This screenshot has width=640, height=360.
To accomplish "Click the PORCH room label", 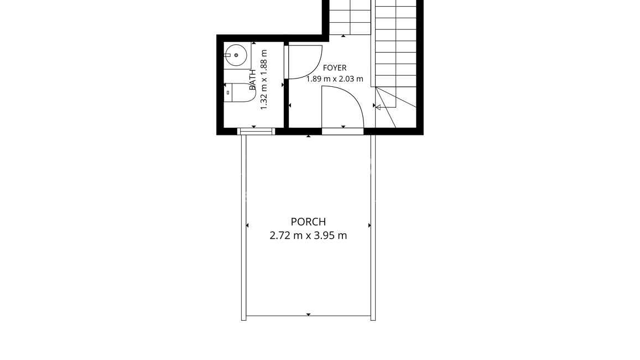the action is pos(308,222).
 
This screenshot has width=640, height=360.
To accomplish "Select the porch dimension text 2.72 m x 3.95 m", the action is pos(308,236).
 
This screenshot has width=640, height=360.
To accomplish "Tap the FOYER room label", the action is pos(335,68).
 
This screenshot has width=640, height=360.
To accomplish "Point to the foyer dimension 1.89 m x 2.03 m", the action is pos(335,79).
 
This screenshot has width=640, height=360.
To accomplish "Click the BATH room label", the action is pos(252,80).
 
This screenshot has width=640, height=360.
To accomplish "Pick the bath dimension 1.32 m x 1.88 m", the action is pos(264,80).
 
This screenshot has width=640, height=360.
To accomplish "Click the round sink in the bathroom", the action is pos(236,55).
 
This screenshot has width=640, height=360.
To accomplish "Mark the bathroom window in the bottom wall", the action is pos(256,131).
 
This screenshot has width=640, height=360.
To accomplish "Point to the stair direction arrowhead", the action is pos(378,107).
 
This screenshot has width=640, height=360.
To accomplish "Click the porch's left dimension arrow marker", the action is pos(247,225).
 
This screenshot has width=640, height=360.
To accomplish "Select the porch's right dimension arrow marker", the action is pos(370,225).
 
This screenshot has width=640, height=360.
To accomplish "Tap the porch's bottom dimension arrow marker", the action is pos(308,314).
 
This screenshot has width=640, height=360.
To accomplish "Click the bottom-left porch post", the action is pos(244,318).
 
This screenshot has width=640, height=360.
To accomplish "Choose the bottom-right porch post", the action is pos(373,318).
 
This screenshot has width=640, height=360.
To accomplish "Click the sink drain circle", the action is pos(236,55).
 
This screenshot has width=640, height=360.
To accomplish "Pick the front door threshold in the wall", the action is pos(342,131).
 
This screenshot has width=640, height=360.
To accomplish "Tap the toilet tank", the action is pos(228,93).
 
